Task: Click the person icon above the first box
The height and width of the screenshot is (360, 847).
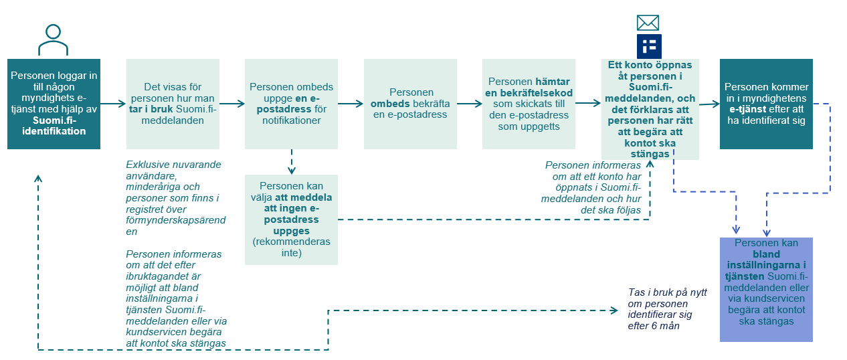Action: point(53,39)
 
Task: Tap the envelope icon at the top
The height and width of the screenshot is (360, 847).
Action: point(648,23)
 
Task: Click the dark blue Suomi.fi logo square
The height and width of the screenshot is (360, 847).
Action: point(648,46)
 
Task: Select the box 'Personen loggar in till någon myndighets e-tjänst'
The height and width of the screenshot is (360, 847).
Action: point(54,104)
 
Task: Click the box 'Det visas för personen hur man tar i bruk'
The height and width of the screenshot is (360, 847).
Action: point(173,104)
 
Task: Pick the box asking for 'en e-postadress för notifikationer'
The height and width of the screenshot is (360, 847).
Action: point(291,104)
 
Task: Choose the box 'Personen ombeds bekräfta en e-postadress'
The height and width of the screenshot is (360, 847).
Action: point(410,104)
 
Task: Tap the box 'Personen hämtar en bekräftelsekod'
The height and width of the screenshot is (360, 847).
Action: point(529,104)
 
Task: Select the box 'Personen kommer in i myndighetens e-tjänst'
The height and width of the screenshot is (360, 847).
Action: point(766,104)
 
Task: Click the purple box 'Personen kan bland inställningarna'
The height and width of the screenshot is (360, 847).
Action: point(766,289)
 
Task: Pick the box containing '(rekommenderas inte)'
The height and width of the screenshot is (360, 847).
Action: point(291,219)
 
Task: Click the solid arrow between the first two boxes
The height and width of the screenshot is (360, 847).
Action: point(113,104)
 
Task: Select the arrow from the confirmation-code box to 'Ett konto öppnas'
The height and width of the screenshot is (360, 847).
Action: point(587,103)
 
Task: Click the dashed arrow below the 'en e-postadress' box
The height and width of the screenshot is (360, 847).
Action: point(292,161)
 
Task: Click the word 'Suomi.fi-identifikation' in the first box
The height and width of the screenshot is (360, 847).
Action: point(54,126)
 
